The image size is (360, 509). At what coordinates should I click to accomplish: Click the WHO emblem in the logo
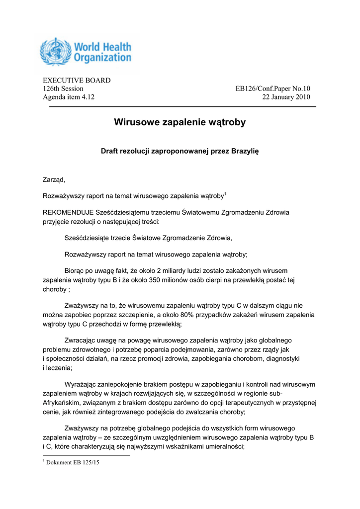pos(56,52)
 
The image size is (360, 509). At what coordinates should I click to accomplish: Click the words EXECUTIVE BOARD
pos(77,81)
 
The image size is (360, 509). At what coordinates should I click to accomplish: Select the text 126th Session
pos(63,88)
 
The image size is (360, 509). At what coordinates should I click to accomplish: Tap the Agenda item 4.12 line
pos(69,97)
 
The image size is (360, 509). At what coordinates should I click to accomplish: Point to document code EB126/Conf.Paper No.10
pos(272,88)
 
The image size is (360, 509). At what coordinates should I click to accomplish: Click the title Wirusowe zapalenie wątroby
pos(180,122)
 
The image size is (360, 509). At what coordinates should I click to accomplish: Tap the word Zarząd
pos(54,179)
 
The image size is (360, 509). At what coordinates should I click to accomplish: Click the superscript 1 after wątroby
pos(225,193)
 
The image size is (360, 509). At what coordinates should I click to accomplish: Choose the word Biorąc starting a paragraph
pos(76,270)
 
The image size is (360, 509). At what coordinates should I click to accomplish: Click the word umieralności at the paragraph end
pos(223,446)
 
